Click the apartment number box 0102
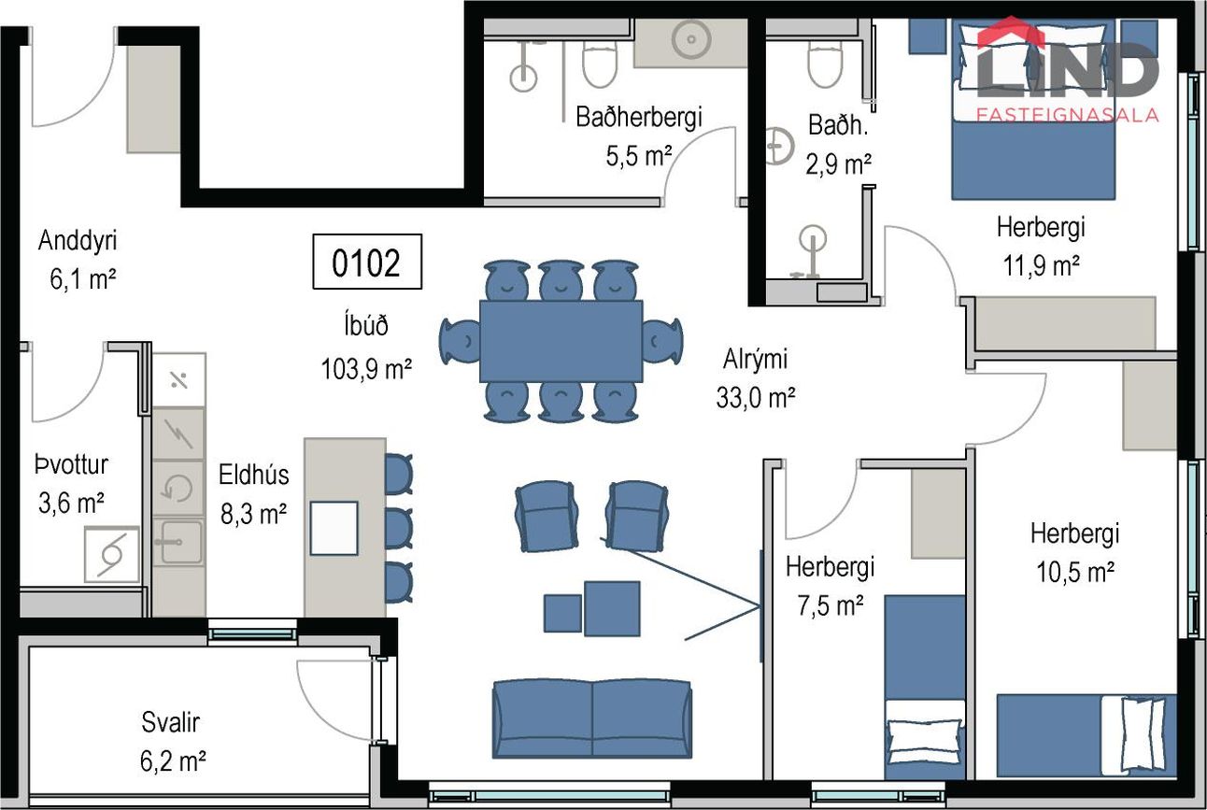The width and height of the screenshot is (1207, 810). [x=367, y=262]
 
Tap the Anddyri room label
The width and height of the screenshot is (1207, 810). [x=78, y=240]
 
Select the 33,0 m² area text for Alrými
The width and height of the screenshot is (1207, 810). [x=756, y=398]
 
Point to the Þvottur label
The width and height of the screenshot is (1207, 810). [x=72, y=464]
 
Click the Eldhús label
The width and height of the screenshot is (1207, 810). [x=253, y=475]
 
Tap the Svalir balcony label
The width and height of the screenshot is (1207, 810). [x=170, y=722]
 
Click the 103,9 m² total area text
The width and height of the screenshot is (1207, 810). [x=366, y=369]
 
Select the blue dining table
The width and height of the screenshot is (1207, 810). [x=561, y=341]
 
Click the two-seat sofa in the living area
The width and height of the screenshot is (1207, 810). [x=592, y=718]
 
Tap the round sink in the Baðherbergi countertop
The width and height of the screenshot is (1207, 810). [x=691, y=39]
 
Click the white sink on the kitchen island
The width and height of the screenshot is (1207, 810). [x=334, y=528]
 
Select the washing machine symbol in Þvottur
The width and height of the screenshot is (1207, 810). [x=112, y=555]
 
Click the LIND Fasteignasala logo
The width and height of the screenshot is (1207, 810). [x=1067, y=70]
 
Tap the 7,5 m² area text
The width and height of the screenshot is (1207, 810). [x=831, y=605]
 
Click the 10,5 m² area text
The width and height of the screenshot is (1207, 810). [x=1075, y=572]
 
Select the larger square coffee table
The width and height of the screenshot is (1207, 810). [x=612, y=608]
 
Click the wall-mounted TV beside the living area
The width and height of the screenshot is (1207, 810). [x=761, y=606]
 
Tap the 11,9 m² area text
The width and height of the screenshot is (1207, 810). [x=1041, y=265]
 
